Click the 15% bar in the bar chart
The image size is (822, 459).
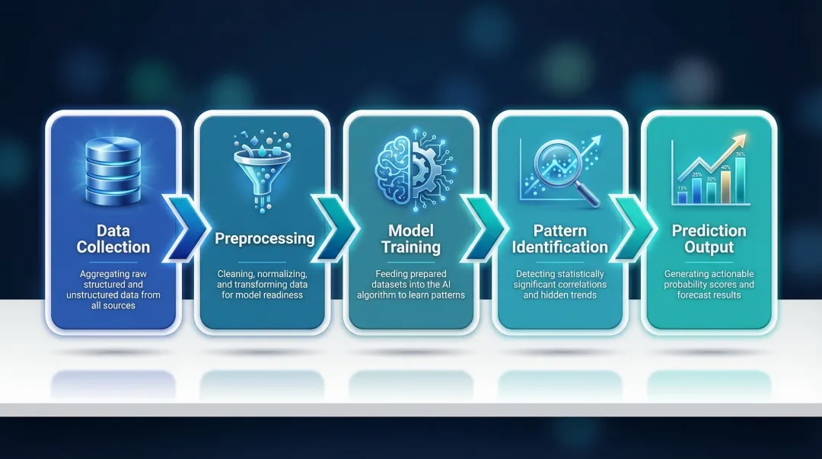pos(683,197)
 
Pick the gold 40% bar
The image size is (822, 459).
pos(725,186)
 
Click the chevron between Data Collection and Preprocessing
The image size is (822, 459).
pos(182,226)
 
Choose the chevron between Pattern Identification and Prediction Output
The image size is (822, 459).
pos(629,226)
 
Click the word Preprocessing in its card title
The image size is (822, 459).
pos(264,238)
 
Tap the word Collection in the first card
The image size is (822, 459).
pos(113,247)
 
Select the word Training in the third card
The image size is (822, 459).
pos(410,247)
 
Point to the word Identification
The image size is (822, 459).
pos(559,247)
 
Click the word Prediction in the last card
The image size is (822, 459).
pos(709,231)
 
